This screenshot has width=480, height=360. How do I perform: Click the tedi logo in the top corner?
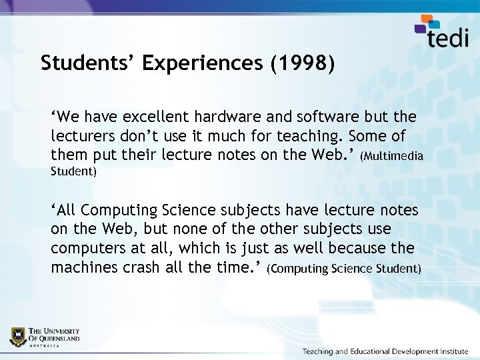[442, 33]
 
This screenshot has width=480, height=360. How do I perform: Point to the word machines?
[82, 268]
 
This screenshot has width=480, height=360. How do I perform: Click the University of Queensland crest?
[19, 336]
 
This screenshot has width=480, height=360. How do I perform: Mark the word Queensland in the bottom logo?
[61, 338]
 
